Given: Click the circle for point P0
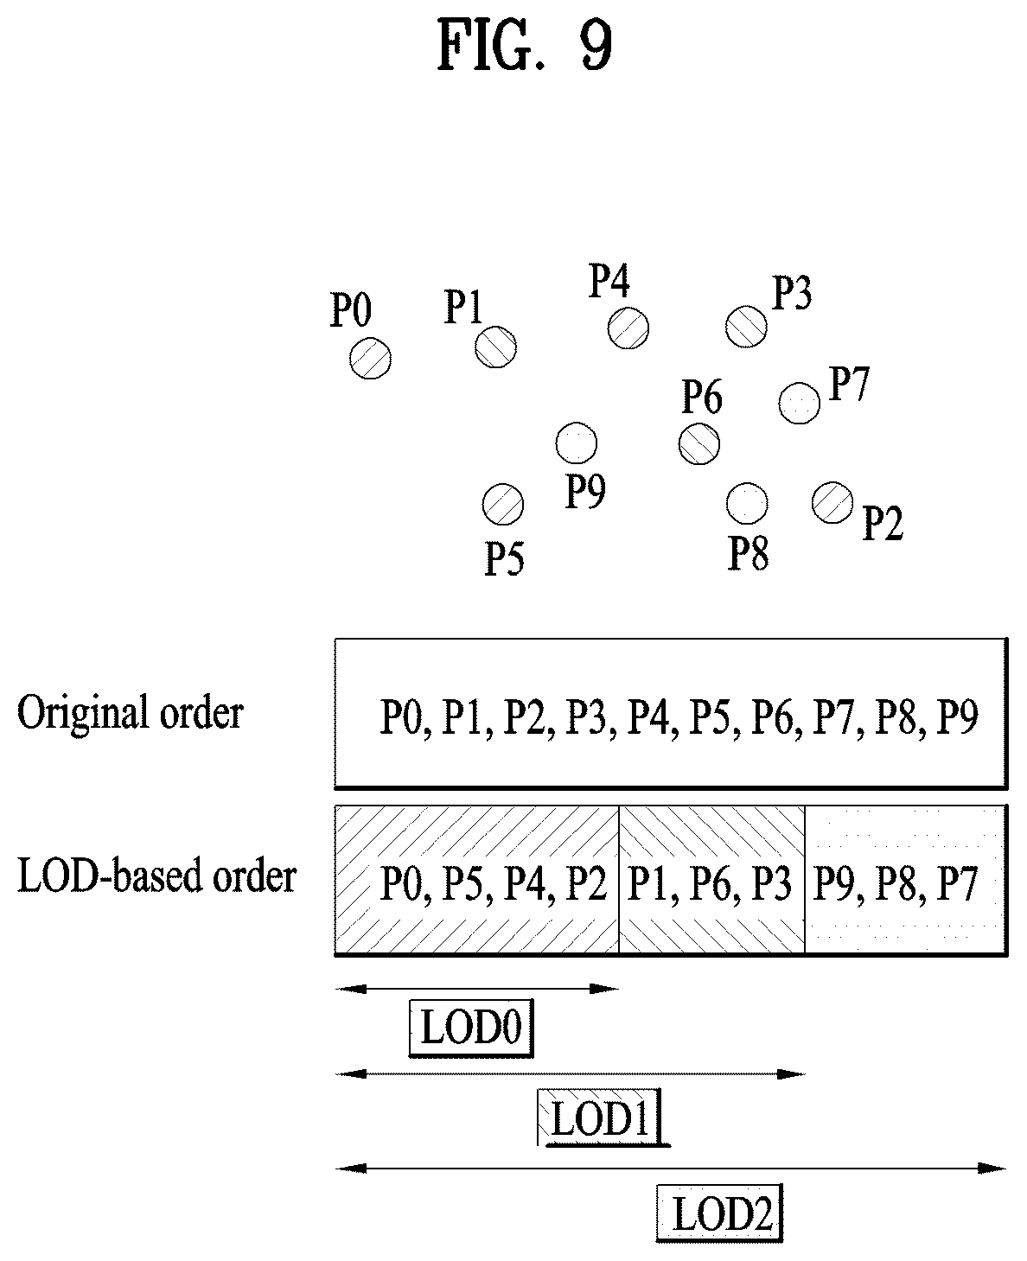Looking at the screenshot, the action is (370, 358).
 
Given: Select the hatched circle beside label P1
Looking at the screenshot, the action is (495, 347).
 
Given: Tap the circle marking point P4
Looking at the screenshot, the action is (628, 328).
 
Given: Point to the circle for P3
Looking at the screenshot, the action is (746, 326).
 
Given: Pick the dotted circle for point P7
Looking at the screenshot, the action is (799, 403).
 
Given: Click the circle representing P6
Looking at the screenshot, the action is (699, 443).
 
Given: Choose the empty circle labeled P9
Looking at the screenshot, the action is (576, 443).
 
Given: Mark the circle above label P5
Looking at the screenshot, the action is (502, 505).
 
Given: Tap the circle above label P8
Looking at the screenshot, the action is (747, 503).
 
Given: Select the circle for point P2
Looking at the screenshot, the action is (832, 503).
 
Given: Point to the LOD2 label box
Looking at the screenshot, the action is (720, 1213).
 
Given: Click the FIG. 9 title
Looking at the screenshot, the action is (525, 44).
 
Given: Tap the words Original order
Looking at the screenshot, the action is (131, 713).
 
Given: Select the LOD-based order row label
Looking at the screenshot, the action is (156, 876).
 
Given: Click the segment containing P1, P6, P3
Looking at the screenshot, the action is (711, 880).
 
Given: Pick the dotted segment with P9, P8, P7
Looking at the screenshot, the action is (906, 880).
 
